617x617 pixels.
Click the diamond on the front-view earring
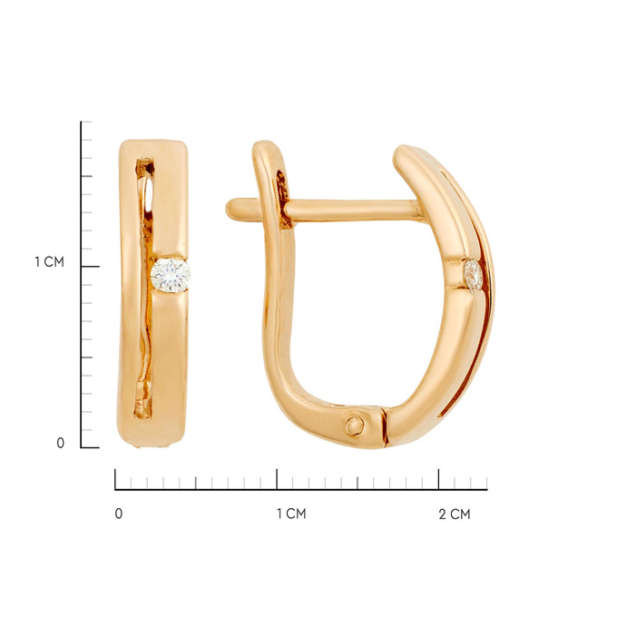[170, 275]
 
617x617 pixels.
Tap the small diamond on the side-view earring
[473, 276]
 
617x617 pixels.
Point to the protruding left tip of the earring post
[230, 208]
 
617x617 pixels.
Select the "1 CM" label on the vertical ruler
[49, 261]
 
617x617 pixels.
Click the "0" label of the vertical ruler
[60, 443]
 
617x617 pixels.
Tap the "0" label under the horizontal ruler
[119, 514]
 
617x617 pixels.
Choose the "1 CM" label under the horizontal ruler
[291, 514]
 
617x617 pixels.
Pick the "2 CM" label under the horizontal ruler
[455, 514]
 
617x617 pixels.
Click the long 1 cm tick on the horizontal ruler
[277, 479]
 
